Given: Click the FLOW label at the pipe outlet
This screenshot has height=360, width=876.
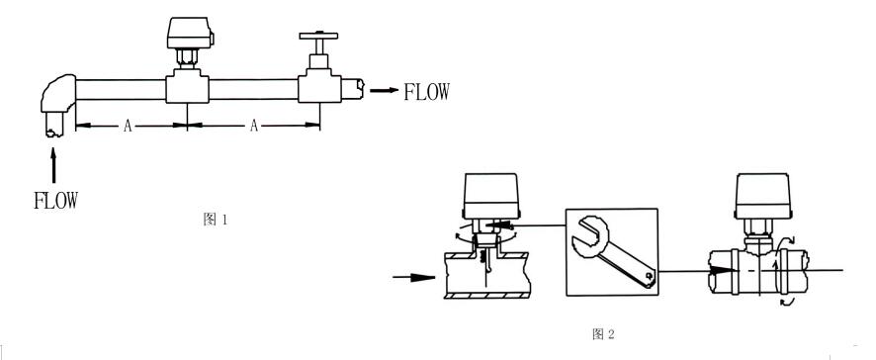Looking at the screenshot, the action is click(x=426, y=92).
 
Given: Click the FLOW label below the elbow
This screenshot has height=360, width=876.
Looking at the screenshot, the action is click(x=56, y=200).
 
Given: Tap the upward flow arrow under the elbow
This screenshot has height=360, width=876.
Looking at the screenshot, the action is click(x=53, y=165).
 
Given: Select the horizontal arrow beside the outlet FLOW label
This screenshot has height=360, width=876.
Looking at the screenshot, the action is click(x=385, y=91).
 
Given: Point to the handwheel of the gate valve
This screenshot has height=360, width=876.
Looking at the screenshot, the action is click(x=318, y=36).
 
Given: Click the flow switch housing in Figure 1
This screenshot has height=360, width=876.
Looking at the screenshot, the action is click(x=190, y=33).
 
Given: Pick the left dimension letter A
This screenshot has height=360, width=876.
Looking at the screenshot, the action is click(x=128, y=126).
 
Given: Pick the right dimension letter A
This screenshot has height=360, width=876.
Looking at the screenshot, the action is click(x=254, y=126).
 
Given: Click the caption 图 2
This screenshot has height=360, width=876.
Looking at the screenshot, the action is click(x=603, y=334).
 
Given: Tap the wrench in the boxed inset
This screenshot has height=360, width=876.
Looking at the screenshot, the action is click(x=613, y=252).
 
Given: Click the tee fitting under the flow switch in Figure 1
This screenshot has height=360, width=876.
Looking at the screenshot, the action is click(x=187, y=87).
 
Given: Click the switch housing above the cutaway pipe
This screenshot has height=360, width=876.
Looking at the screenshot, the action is click(x=491, y=195).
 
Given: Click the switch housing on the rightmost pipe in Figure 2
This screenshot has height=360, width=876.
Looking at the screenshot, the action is click(x=762, y=196).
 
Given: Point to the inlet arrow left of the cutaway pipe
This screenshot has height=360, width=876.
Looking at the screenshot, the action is click(x=414, y=277).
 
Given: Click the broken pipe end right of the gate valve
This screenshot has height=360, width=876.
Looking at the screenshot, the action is click(x=353, y=89).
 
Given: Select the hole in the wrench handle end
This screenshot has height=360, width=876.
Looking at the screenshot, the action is click(x=647, y=276).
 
